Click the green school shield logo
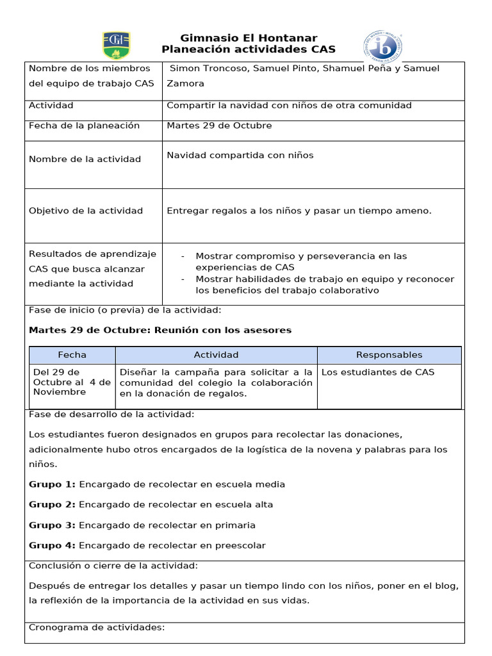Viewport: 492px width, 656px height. coord(116,45)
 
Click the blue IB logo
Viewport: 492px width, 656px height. coord(383,46)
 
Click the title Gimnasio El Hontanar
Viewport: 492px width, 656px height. coord(249,38)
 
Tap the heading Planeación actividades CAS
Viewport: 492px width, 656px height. coord(249,50)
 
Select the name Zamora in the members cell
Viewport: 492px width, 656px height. coord(185,83)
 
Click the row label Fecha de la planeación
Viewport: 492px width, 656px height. coord(84,126)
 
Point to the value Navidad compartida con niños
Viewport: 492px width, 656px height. coord(240,155)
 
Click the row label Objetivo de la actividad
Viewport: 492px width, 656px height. coord(86,211)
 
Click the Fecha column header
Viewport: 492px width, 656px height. coord(72,355)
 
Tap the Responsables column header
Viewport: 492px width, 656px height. coord(389,355)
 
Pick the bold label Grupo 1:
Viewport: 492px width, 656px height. coord(52,484)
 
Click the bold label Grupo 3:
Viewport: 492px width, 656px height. coord(52,525)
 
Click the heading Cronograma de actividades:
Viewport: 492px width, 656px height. coord(97,627)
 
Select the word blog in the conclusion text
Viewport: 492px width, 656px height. coord(449,586)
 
